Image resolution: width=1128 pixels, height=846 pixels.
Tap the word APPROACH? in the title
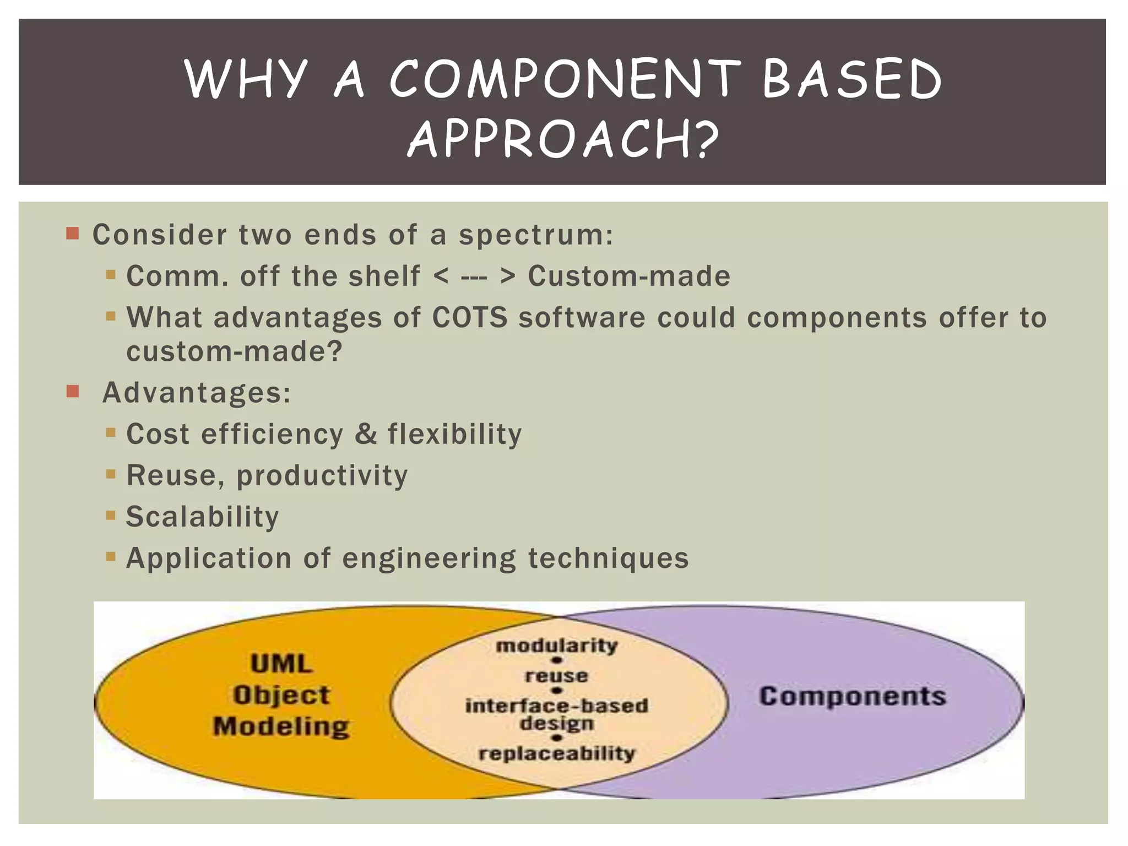coord(563,140)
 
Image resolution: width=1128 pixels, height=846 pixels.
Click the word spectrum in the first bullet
coord(535,235)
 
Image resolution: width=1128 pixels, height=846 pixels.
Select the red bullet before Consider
coord(73,234)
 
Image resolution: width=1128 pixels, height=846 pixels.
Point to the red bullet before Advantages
coord(73,392)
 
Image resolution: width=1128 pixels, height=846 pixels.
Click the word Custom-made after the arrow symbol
coord(629,276)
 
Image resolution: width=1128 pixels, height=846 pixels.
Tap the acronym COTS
coord(469,318)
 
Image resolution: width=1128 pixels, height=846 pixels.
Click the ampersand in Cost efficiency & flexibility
coord(366,434)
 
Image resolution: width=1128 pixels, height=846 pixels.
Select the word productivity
coord(322,475)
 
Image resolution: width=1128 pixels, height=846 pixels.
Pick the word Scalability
coord(202,517)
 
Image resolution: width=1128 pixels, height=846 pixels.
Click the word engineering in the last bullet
coord(429,558)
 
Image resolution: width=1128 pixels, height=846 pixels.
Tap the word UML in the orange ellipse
coord(281,664)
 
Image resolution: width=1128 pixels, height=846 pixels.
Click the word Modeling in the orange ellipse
coord(281,726)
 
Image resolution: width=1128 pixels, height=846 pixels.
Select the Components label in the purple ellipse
coord(853,697)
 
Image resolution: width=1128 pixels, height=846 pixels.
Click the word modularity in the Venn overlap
coord(557,646)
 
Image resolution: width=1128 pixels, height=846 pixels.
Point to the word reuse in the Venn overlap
coord(557,676)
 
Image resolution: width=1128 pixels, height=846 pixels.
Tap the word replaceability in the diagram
coord(557,753)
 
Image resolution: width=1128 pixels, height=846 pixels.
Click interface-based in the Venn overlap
coord(557,706)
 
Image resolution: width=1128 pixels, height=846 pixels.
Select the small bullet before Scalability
coord(111,516)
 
